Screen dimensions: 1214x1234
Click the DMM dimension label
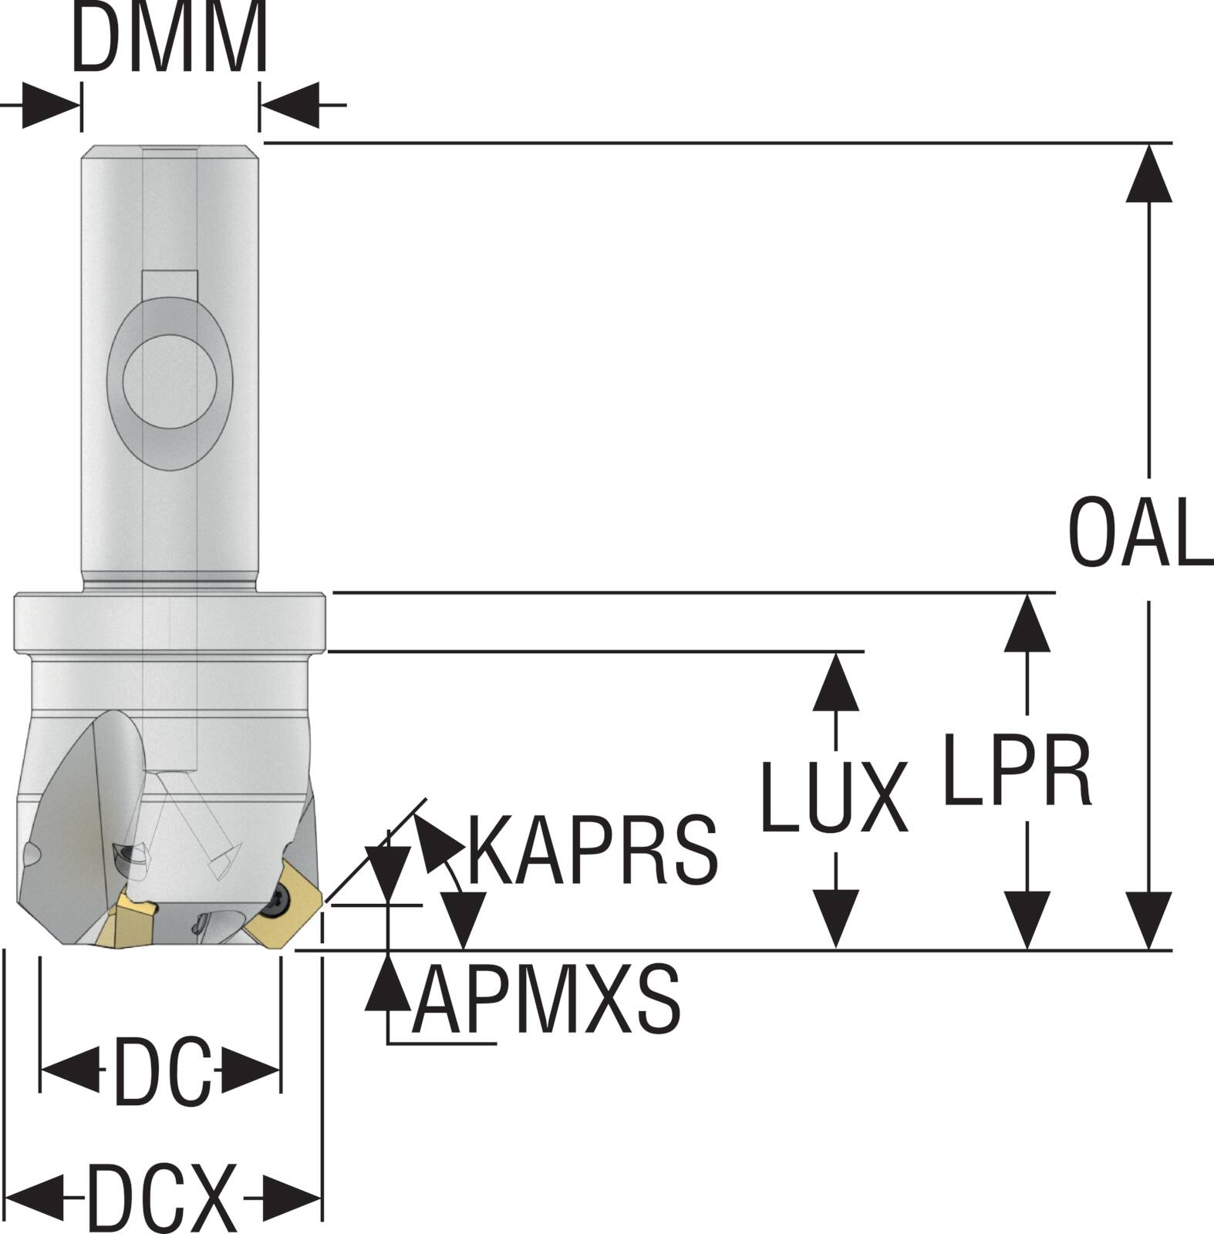click(x=170, y=36)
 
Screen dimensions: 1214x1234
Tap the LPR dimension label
click(x=1017, y=770)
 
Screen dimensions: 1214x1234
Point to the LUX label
click(x=834, y=797)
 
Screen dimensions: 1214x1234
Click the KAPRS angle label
click(x=593, y=848)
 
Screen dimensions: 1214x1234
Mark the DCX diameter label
click(x=161, y=1198)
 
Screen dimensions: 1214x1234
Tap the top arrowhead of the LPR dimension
click(x=1027, y=623)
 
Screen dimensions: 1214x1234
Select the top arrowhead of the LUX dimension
click(x=836, y=681)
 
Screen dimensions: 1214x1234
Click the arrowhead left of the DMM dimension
click(x=51, y=105)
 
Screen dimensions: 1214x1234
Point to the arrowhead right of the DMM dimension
click(x=290, y=105)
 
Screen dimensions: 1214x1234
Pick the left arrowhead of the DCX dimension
click(x=35, y=1198)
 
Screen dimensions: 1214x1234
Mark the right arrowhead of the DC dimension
click(x=251, y=1070)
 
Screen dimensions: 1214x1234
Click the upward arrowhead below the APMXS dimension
click(x=388, y=980)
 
